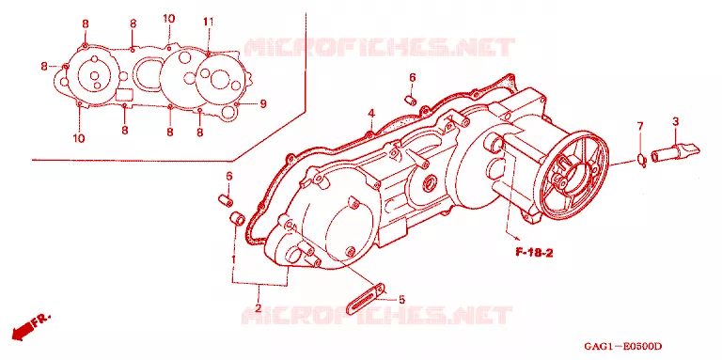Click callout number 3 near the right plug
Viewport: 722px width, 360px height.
tap(675, 122)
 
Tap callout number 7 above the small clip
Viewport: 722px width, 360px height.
tap(639, 126)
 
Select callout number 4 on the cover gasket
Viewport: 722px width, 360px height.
tap(371, 114)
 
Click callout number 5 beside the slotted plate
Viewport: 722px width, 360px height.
tap(401, 300)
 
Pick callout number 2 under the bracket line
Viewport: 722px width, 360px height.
tap(259, 307)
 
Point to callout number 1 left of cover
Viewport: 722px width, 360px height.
tap(233, 259)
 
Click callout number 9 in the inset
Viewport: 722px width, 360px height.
tap(263, 104)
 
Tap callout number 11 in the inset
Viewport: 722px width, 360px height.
tap(208, 22)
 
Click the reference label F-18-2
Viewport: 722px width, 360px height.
tap(534, 253)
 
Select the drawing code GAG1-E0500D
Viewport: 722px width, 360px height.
tap(622, 346)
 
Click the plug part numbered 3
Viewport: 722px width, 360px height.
tap(676, 151)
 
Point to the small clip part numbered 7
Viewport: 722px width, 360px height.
tap(642, 159)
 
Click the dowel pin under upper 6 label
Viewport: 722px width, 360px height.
tap(411, 100)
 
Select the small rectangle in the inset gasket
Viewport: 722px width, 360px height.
tap(124, 94)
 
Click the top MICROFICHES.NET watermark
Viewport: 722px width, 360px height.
tap(379, 47)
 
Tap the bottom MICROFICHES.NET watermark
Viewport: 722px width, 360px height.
tap(377, 315)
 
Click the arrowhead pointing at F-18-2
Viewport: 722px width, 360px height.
tap(516, 238)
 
